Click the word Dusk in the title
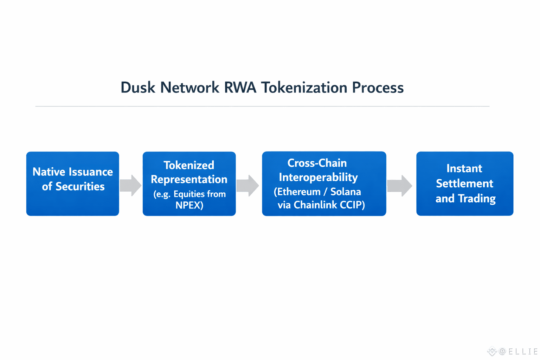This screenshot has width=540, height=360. pyautogui.click(x=137, y=88)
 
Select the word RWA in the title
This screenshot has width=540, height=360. pyautogui.click(x=240, y=88)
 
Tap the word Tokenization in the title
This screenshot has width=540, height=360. pyautogui.click(x=304, y=88)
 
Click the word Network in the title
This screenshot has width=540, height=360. pyautogui.click(x=189, y=88)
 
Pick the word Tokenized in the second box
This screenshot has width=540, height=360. pyautogui.click(x=189, y=165)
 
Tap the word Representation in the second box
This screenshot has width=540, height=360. pyautogui.click(x=189, y=179)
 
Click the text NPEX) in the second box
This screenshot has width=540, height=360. pyautogui.click(x=189, y=205)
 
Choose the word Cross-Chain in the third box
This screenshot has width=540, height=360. pyautogui.click(x=317, y=163)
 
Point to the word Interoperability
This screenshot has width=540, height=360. pyautogui.click(x=318, y=177)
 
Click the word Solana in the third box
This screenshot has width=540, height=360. pyautogui.click(x=346, y=192)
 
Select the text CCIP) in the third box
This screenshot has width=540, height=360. pyautogui.click(x=352, y=205)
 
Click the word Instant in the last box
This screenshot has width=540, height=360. pyautogui.click(x=464, y=168)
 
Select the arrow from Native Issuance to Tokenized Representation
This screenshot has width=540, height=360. pyautogui.click(x=130, y=185)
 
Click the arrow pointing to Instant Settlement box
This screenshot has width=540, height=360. pyautogui.click(x=400, y=185)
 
